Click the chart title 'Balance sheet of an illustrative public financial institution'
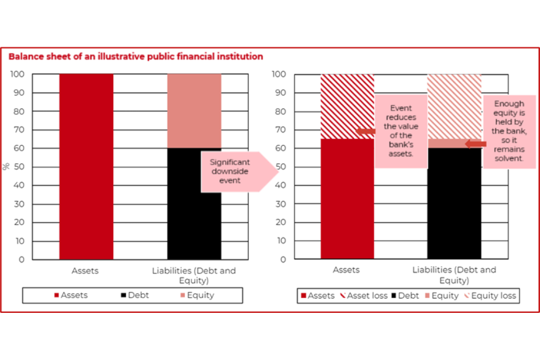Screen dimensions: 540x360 point(136,56)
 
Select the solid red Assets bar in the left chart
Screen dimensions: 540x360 point(86,166)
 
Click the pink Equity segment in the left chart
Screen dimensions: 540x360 point(194,111)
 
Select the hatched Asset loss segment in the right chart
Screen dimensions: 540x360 point(347,106)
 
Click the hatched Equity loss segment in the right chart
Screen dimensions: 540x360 point(454,106)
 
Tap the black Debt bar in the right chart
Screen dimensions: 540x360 point(454,203)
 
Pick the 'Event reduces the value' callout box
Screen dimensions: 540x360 point(401,131)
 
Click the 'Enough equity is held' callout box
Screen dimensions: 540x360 point(509,131)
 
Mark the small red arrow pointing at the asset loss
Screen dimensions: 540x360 point(366,131)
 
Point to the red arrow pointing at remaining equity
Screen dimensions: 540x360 point(476,144)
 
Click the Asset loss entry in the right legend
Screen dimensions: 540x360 point(364,295)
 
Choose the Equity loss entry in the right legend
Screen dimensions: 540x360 point(490,295)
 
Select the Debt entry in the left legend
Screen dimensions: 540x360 point(135,295)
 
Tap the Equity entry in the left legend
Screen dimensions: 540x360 point(197,295)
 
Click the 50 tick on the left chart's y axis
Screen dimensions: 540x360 point(19,166)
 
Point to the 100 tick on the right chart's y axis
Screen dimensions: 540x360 point(278,74)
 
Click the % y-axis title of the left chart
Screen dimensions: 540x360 point(6,166)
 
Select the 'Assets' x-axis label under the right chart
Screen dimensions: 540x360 point(346,270)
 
